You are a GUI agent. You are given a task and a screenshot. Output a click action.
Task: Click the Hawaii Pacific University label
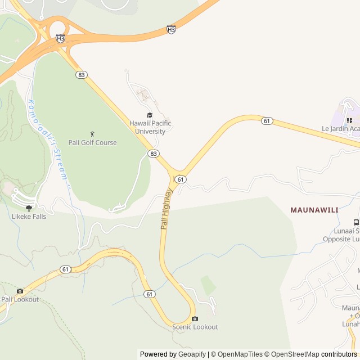click(x=150, y=127)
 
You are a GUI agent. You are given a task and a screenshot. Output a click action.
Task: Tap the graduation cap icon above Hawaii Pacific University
click(x=150, y=115)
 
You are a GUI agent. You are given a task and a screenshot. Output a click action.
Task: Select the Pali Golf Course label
click(x=93, y=143)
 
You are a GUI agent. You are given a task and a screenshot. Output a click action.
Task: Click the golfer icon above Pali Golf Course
click(x=92, y=133)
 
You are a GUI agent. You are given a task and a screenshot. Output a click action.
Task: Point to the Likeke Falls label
click(x=29, y=216)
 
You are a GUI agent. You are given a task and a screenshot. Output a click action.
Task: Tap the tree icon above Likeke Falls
click(x=29, y=208)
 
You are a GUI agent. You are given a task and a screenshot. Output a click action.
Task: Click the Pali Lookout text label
click(x=20, y=299)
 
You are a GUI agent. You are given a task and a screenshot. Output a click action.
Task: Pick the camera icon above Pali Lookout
click(x=20, y=291)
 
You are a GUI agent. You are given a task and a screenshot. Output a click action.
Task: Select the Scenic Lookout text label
click(x=195, y=327)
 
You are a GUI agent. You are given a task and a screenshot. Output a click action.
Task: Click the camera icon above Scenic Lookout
click(x=195, y=318)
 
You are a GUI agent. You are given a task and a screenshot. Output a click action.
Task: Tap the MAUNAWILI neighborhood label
click(x=314, y=210)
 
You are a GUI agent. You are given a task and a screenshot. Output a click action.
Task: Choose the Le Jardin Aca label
click(x=340, y=128)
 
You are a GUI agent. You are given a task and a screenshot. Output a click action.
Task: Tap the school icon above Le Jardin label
click(x=349, y=120)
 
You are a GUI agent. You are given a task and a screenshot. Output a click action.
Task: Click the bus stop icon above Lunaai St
click(x=356, y=222)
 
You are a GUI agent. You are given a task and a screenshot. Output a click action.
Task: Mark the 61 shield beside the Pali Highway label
click(x=180, y=179)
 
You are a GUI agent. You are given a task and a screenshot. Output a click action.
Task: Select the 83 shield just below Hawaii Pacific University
click(x=153, y=154)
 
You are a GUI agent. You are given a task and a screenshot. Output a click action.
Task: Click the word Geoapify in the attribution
click(x=193, y=354)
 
